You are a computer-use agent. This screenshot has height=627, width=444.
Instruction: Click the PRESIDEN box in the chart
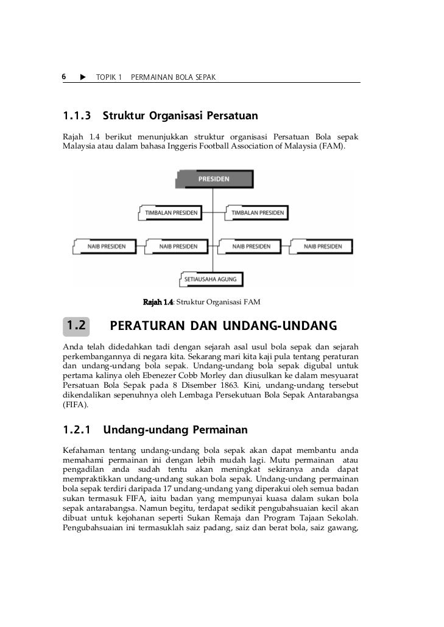pos(214,179)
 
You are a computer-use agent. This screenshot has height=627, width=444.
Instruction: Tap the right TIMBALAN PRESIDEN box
pos(256,213)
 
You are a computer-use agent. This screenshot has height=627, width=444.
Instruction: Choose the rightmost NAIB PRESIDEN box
pos(323,246)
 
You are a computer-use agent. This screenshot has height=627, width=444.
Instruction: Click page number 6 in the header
pos(63,77)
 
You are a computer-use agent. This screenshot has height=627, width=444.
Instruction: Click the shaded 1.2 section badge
pos(76,326)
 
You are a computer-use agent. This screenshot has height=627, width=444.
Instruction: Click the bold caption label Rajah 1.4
pos(158,302)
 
